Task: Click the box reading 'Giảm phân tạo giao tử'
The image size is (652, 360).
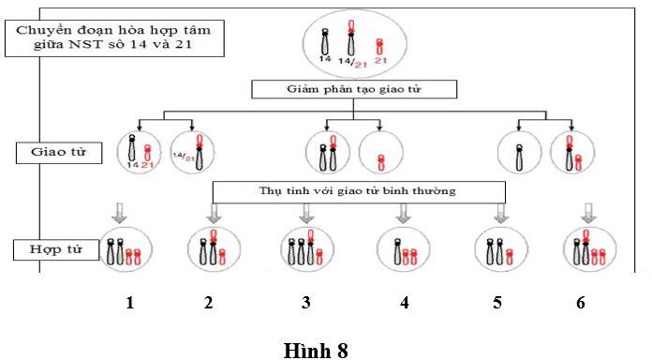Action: click(x=355, y=90)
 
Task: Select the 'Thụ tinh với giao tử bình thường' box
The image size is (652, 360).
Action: click(x=359, y=192)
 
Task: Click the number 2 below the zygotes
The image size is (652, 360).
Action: click(x=209, y=303)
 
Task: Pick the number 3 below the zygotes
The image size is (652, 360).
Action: click(x=306, y=303)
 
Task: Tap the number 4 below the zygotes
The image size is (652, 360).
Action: click(x=404, y=303)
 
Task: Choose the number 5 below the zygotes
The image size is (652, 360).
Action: click(x=497, y=303)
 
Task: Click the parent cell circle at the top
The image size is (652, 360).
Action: click(x=354, y=42)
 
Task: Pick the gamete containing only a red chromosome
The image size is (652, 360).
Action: click(x=379, y=153)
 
